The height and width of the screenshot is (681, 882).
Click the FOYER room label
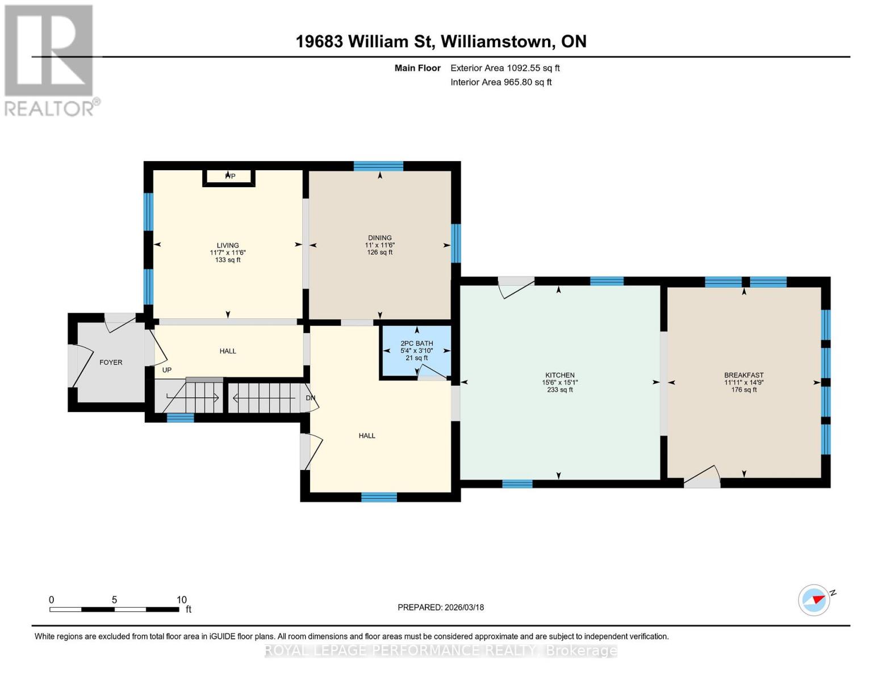111,362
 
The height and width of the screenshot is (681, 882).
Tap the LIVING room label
228,245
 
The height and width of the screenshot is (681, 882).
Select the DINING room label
380,238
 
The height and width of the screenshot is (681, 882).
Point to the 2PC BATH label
417,343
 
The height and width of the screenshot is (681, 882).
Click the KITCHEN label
560,375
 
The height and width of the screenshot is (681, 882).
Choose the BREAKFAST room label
744,375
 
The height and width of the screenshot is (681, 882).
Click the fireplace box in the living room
229,178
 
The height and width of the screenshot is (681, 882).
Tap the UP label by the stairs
167,370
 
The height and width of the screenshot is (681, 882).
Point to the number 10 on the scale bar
181,599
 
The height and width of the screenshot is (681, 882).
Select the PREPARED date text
441,607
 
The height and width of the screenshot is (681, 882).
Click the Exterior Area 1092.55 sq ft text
505,68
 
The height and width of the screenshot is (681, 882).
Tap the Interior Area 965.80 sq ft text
501,82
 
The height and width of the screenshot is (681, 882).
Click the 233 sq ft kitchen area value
560,390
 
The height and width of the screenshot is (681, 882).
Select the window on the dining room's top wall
378,166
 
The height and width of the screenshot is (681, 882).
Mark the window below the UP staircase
181,418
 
